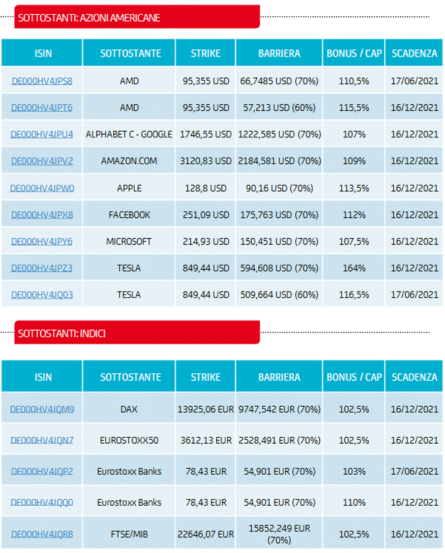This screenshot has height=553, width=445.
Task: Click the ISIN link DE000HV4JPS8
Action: [x=42, y=81]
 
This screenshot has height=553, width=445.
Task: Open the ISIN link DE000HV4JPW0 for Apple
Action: [x=42, y=188]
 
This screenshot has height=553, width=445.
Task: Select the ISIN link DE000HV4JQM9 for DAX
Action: [x=42, y=409]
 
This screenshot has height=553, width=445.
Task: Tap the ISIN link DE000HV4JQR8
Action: [x=42, y=534]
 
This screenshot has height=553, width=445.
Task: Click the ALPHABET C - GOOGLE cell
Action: [x=129, y=134]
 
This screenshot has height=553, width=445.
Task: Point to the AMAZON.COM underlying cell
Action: [x=129, y=161]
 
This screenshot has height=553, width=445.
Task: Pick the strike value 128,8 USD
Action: [x=206, y=188]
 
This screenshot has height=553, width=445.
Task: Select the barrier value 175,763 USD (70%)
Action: [x=279, y=215]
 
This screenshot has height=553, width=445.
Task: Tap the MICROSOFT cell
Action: [x=129, y=241]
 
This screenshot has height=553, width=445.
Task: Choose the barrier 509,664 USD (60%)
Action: [x=279, y=295]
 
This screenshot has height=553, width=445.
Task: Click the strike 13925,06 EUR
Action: [x=206, y=409]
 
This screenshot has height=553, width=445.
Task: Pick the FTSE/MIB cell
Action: [x=129, y=534]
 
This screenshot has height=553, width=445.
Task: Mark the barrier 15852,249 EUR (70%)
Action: [x=279, y=534]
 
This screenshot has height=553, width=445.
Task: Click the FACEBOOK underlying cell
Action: [x=129, y=215]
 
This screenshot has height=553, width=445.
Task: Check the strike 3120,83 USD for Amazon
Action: [x=206, y=161]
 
